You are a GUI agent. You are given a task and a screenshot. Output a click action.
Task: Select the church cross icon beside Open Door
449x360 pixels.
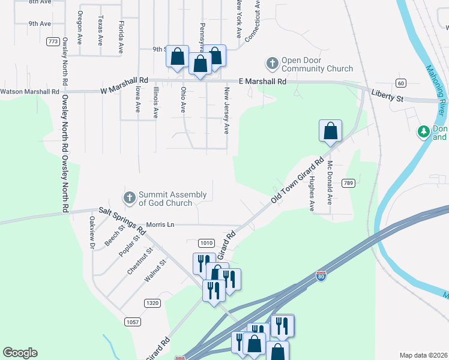272,63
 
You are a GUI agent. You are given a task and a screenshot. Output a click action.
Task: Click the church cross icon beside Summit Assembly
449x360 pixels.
129,197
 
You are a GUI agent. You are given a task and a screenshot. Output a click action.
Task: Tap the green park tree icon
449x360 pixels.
424,131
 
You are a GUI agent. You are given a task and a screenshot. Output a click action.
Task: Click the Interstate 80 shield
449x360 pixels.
321,276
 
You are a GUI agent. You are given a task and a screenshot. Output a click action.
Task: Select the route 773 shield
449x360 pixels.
53,41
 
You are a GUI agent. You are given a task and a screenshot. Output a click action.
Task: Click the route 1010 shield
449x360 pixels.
206,243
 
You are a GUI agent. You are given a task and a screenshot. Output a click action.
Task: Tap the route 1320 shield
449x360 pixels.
152,304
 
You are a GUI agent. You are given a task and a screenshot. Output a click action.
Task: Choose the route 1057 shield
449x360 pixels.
133,322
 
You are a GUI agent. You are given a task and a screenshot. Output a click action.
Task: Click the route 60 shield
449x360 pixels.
400,82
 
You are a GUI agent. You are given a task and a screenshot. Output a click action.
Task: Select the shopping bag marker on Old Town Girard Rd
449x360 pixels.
330,131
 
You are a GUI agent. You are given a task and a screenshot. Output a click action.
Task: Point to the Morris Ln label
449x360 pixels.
160,224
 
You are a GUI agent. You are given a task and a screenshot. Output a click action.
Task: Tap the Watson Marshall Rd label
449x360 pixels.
30,92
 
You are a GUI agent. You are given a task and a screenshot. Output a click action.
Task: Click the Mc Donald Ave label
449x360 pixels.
330,181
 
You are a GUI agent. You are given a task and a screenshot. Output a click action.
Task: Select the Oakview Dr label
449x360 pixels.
92,233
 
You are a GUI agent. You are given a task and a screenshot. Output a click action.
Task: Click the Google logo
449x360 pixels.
20,352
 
